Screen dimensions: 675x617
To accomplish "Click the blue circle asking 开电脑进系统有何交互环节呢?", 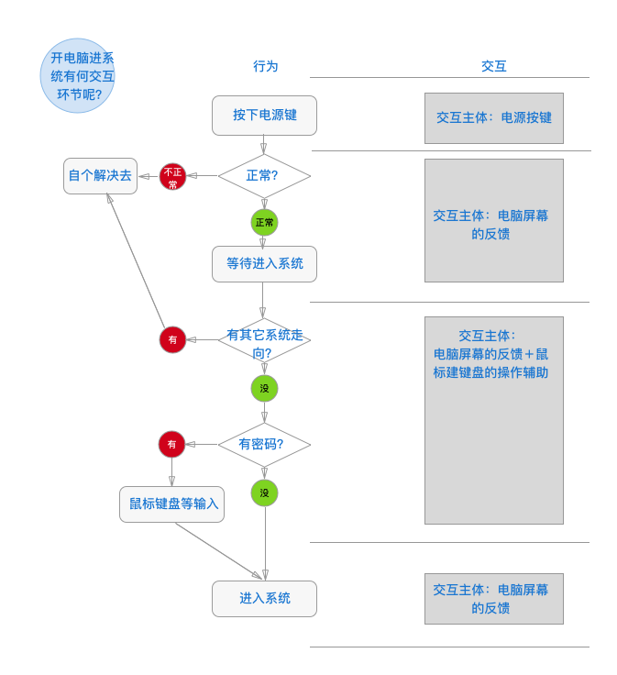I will [78, 76].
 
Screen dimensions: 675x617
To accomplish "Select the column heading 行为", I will [265, 66].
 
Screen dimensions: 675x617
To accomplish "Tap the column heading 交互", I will [493, 66].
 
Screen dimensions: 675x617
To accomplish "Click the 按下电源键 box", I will [264, 116].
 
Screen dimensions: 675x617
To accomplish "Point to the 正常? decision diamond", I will [264, 175].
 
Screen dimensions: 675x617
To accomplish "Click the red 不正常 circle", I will [172, 176].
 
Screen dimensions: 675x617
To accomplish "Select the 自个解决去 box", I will [100, 175].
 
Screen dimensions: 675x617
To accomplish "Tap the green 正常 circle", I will [264, 222].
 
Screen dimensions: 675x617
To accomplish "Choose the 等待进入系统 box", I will [264, 264].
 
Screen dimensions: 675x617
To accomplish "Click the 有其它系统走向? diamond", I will [264, 341].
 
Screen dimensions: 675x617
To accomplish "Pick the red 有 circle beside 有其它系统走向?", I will [172, 339].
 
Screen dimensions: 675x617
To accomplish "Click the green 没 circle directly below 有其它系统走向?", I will [264, 388].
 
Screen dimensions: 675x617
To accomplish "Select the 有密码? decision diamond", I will [264, 445].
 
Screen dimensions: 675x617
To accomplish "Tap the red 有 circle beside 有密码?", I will [171, 445].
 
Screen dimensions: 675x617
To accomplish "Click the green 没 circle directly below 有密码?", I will [264, 492].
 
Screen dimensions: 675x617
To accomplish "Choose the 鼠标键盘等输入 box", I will [171, 504].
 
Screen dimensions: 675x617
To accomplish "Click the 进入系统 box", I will [264, 599].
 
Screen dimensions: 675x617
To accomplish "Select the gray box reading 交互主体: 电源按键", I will [493, 118].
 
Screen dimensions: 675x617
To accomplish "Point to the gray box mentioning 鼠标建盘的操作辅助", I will [493, 420].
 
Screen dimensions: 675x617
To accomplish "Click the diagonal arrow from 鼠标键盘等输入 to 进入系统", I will [218, 550].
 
